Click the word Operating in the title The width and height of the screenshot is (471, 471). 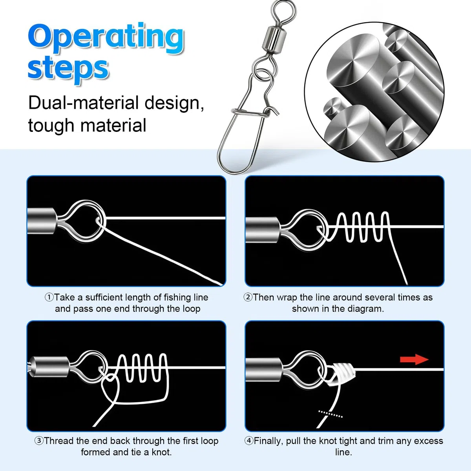click(x=106, y=38)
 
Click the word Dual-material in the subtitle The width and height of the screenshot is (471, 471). click(x=84, y=103)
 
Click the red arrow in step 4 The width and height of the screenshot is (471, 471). click(x=414, y=360)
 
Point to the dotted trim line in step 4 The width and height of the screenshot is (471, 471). click(x=330, y=414)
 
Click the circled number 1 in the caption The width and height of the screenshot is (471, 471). click(x=49, y=298)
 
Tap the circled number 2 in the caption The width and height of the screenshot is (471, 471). click(x=248, y=298)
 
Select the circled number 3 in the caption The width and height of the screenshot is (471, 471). click(x=39, y=441)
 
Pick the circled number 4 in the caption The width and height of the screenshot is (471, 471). click(x=249, y=441)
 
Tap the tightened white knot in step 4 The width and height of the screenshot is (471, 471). click(x=340, y=374)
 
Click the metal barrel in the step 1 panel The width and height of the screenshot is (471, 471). click(x=41, y=221)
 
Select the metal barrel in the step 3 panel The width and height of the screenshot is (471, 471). click(x=50, y=367)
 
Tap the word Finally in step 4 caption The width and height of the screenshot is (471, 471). click(x=268, y=441)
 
